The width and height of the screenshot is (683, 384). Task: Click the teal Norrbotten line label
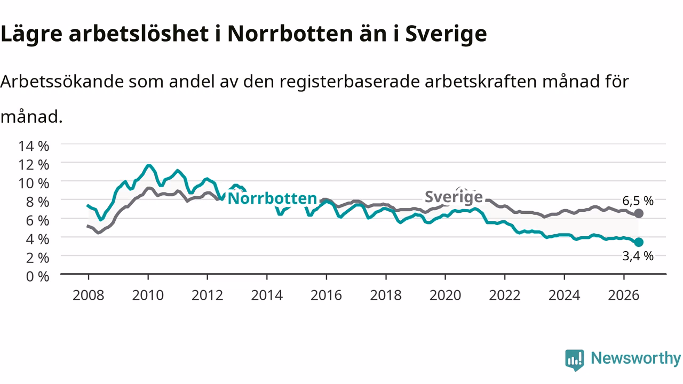tap(272, 198)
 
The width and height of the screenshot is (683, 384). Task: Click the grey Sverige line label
tap(454, 197)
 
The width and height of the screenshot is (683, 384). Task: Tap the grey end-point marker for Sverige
tap(639, 214)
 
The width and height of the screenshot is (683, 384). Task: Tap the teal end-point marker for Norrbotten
tap(639, 242)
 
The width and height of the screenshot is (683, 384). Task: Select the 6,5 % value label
tap(638, 201)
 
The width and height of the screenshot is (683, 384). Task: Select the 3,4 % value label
tap(638, 256)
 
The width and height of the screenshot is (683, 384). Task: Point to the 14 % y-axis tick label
tap(34, 146)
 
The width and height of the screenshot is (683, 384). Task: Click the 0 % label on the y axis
tap(37, 276)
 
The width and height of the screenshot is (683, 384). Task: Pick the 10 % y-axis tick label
tap(34, 183)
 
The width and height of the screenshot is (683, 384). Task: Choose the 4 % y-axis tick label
tap(37, 239)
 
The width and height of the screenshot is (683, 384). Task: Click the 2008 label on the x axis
tap(89, 295)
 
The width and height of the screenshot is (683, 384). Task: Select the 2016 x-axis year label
tap(326, 295)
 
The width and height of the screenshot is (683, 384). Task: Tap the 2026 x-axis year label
tap(624, 295)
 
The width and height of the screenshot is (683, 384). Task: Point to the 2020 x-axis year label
tap(445, 295)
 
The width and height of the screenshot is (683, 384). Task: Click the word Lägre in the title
tap(31, 34)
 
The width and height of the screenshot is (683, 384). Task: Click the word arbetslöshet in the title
tap(139, 33)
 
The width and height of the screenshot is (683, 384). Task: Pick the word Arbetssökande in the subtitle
tap(62, 82)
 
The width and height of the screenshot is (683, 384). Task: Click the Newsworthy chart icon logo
tap(575, 360)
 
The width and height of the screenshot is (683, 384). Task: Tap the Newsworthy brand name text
tap(636, 358)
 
